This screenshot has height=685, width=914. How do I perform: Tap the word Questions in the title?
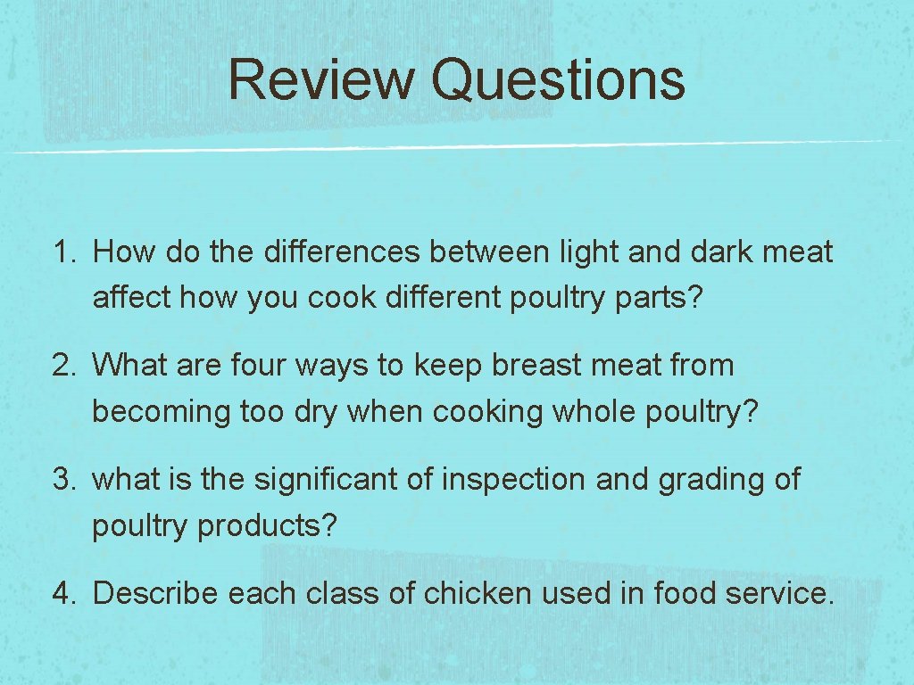(558, 79)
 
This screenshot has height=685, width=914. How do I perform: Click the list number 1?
(65, 252)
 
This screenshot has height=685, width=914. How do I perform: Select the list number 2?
(65, 366)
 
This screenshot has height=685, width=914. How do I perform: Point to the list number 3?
(65, 480)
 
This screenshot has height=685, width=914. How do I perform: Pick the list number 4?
(65, 593)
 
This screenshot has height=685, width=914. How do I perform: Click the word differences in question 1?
(342, 252)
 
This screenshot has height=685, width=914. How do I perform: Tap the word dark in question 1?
(720, 252)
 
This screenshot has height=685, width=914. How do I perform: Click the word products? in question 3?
(267, 526)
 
